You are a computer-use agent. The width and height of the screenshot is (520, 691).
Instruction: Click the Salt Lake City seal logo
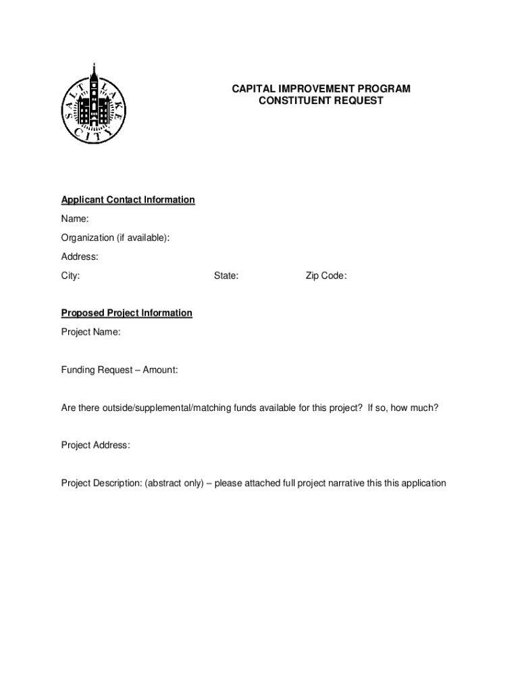pos(93,105)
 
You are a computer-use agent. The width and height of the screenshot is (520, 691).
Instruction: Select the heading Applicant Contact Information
pos(128,200)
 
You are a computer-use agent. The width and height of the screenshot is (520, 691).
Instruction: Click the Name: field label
pos(75,219)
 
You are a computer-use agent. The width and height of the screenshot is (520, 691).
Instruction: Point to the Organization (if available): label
pos(115,238)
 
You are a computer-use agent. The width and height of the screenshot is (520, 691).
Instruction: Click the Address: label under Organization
pos(80,256)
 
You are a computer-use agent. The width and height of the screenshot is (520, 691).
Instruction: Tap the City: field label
pos(71,275)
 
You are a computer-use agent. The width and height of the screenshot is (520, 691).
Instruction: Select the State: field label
pos(226,275)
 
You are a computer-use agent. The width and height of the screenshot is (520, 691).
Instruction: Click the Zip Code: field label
pos(326,275)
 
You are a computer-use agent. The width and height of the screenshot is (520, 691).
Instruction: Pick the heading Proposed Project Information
pos(127,313)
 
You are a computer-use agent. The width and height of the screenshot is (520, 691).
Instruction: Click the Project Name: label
pos(91,332)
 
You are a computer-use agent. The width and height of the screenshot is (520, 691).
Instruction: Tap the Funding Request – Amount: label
pos(120,370)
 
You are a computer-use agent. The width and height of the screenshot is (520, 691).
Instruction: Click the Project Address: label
pos(96,445)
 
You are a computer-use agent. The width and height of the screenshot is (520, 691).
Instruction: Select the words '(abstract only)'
pos(176,483)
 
